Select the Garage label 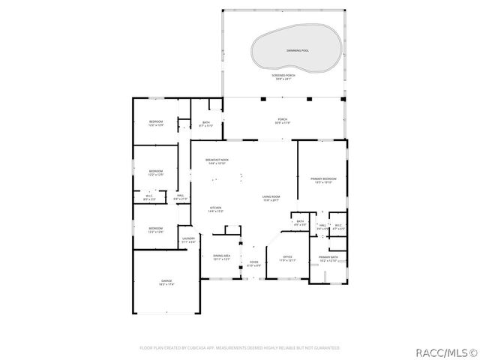pos(166,283)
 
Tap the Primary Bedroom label pos(323,179)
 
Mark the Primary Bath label pos(328,259)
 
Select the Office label pos(288,259)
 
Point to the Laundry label pos(188,240)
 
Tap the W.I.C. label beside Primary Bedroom pos(338,226)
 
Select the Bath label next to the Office pos(300,222)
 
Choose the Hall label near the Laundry pos(181,197)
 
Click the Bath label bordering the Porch pos(206,124)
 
